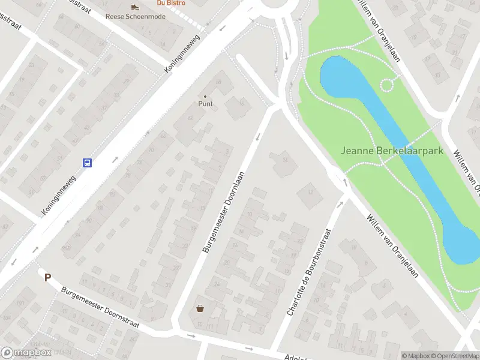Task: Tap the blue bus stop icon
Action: pos(87,163)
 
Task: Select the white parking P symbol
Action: pos(47,277)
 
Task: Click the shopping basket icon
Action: pos(200,308)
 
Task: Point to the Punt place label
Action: pos(206,104)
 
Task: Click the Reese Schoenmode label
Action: pos(136,16)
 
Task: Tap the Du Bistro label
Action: pos(170,2)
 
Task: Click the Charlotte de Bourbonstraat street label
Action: pos(310,272)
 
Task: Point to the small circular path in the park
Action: pos(387,85)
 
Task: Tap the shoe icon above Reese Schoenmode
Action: pos(136,7)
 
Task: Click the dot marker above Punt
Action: pos(206,96)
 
